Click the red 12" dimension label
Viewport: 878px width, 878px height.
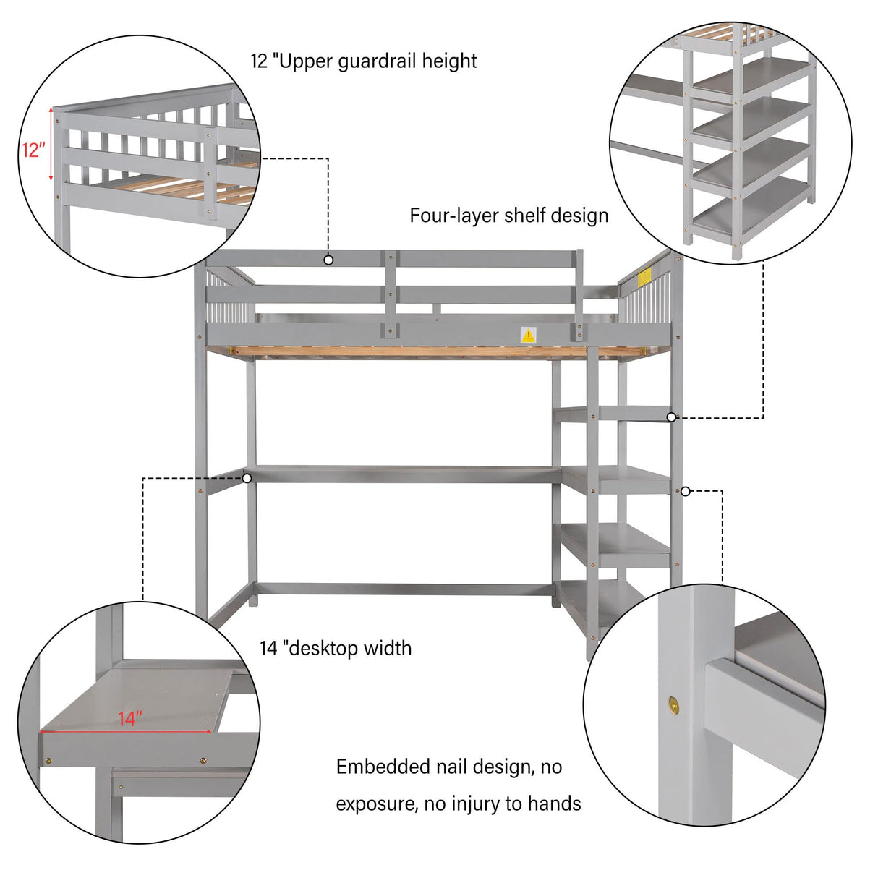pyautogui.click(x=33, y=150)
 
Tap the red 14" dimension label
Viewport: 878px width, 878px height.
pyautogui.click(x=130, y=718)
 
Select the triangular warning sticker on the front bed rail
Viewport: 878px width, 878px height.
pyautogui.click(x=529, y=335)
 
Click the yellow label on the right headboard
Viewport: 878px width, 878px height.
pyautogui.click(x=644, y=276)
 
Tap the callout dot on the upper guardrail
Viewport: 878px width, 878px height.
pyautogui.click(x=328, y=260)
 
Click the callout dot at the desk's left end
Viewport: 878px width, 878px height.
pyautogui.click(x=247, y=478)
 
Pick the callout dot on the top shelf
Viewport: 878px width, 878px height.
pyautogui.click(x=671, y=417)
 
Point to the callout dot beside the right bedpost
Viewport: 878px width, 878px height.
pyautogui.click(x=686, y=492)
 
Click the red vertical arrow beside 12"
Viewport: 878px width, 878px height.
pyautogui.click(x=51, y=145)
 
